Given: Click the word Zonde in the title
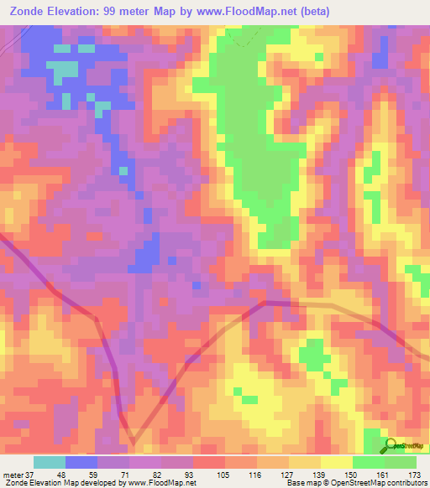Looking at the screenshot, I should (24, 12).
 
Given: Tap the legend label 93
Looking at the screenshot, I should (197, 474).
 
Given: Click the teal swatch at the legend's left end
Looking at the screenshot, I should (50, 462).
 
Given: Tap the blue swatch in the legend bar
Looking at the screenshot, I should (81, 462).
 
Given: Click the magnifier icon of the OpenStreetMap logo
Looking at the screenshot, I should (391, 444).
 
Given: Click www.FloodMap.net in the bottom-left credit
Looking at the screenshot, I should (162, 483).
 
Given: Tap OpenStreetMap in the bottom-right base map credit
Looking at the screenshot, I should (352, 483).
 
